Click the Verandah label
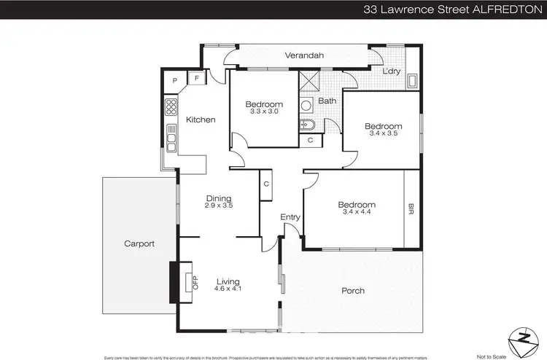click(303, 55)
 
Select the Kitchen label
click(200, 120)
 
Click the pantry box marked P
click(175, 81)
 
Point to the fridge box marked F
click(197, 79)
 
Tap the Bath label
click(327, 101)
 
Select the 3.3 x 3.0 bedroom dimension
click(263, 111)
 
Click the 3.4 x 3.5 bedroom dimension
click(383, 134)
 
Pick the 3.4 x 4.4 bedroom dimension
click(356, 213)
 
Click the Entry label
click(290, 217)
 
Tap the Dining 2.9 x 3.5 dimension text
click(218, 206)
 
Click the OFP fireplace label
click(195, 282)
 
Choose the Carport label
click(139, 244)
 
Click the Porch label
click(353, 291)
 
